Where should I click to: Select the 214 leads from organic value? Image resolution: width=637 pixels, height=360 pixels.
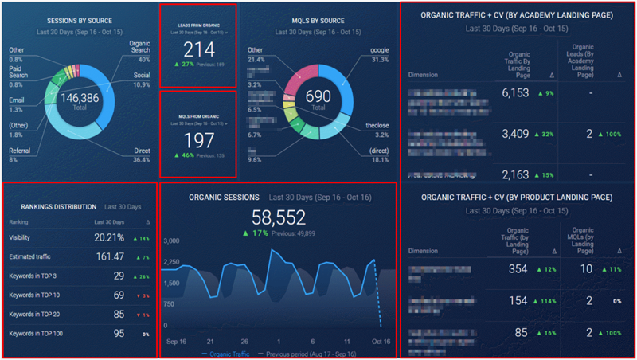(198, 50)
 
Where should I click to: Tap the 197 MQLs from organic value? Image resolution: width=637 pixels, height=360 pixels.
(198, 140)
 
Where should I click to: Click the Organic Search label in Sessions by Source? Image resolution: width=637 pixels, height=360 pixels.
(139, 47)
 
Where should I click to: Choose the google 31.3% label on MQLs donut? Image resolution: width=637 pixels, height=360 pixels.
(379, 54)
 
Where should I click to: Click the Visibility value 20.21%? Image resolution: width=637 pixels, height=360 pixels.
(109, 237)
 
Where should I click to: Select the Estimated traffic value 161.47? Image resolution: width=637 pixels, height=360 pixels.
(109, 256)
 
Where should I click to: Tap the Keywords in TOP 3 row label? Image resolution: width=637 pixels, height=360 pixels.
(32, 276)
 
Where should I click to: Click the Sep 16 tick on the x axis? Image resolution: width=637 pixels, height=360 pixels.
(177, 340)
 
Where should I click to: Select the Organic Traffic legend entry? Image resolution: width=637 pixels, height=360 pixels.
(232, 353)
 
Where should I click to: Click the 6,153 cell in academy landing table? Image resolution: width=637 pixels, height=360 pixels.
(515, 92)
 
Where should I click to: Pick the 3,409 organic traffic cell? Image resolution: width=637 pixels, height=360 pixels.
(515, 134)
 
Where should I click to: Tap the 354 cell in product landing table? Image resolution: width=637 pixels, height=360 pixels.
(518, 269)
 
